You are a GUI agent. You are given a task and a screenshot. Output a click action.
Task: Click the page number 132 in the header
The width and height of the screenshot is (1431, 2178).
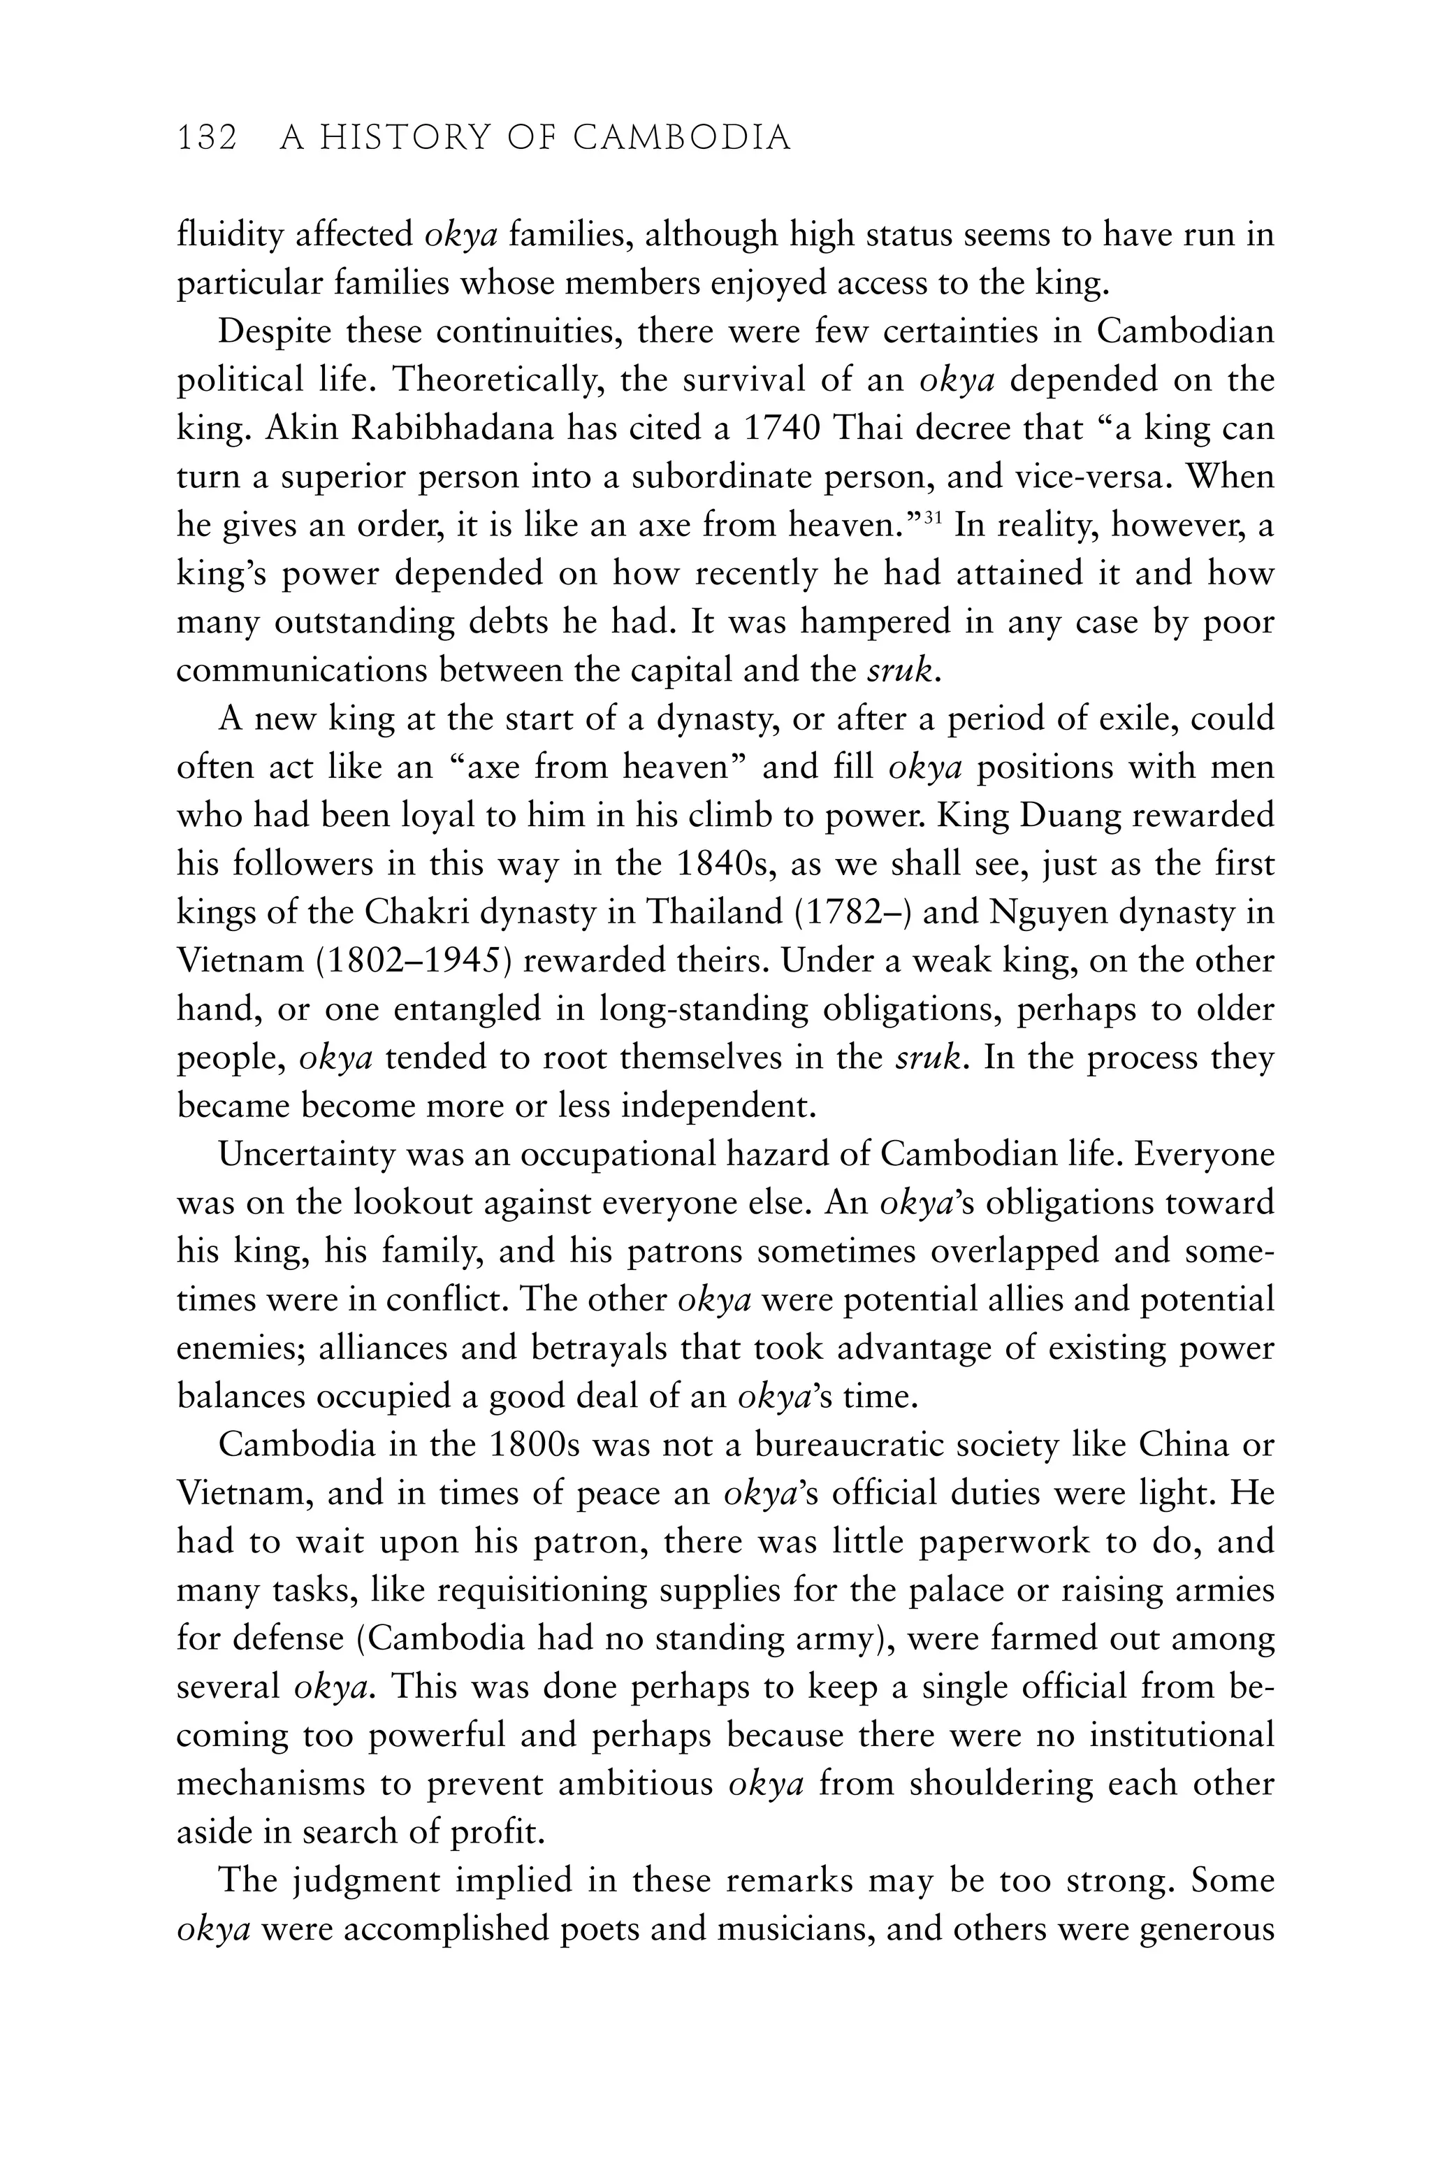coord(207,139)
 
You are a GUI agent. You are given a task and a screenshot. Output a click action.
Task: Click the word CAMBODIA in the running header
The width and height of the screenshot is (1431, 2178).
coord(682,139)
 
